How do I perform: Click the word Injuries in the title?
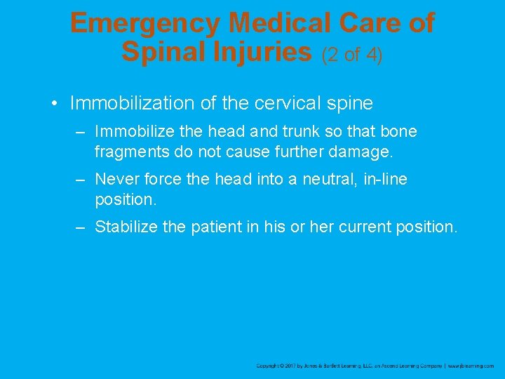coord(263,51)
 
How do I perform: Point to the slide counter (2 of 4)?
coord(352,53)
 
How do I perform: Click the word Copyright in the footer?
coord(270,366)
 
